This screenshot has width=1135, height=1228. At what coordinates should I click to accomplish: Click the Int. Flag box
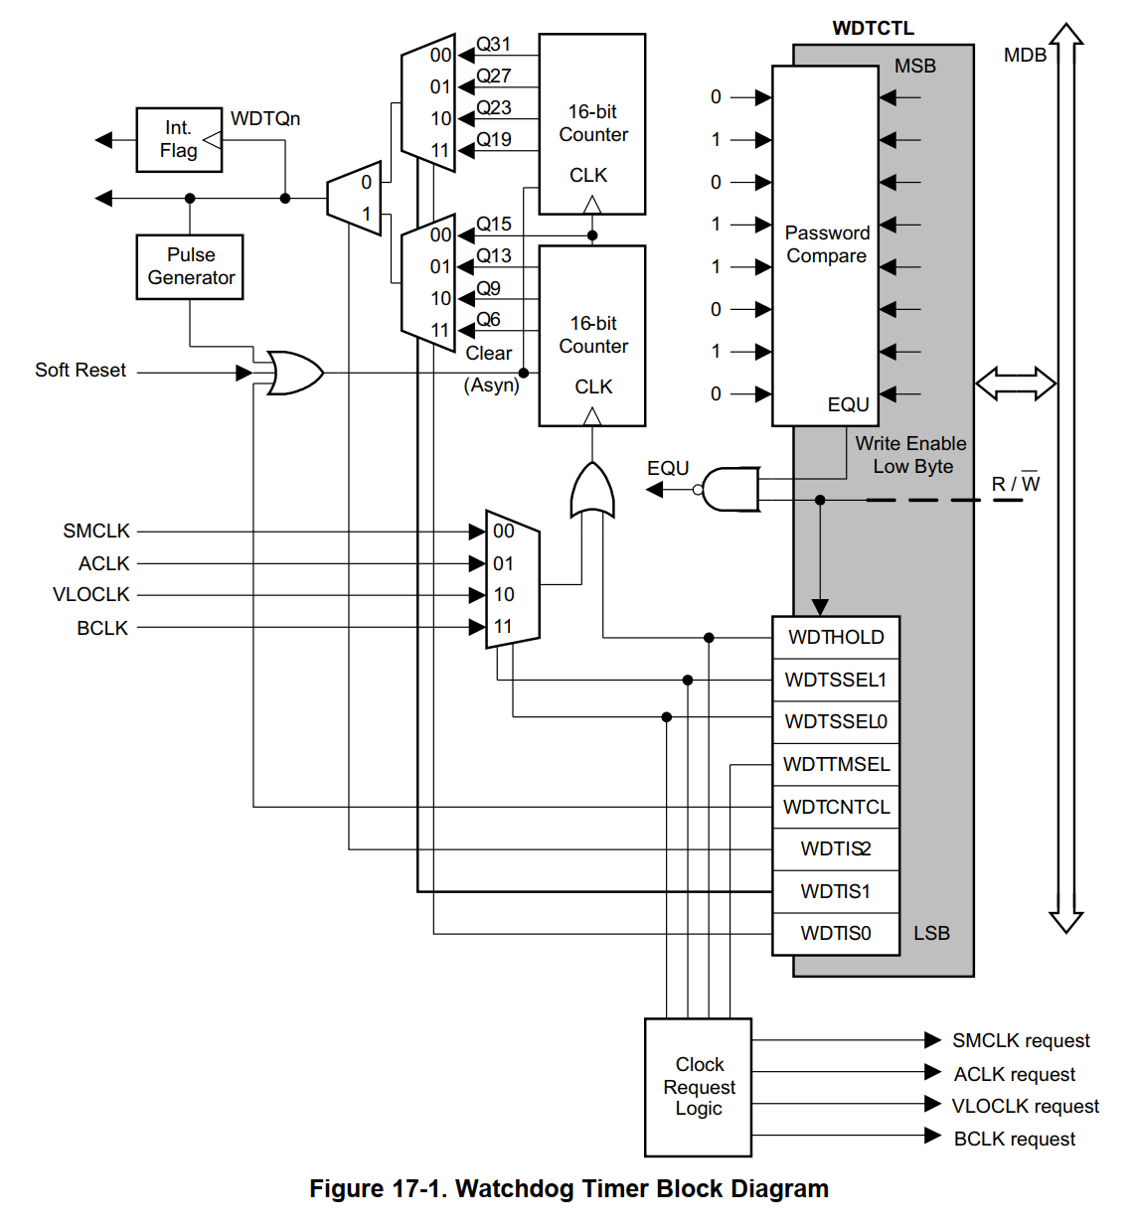point(179,140)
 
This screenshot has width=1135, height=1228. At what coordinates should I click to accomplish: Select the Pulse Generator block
point(190,267)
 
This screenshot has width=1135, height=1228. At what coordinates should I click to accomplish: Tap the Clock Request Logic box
point(698,1087)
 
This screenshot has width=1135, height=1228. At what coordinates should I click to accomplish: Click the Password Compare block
point(825,245)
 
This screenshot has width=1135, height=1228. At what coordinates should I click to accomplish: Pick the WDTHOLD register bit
point(836,638)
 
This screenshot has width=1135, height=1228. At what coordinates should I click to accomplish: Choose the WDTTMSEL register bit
point(836,765)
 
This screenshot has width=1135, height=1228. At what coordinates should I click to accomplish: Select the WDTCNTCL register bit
point(836,807)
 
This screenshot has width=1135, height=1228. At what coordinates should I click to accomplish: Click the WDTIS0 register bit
point(836,934)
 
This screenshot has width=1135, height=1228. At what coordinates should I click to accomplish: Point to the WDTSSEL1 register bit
point(836,681)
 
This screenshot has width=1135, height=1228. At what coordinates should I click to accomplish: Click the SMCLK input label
point(96,532)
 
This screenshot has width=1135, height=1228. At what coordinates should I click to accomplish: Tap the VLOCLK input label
point(91,595)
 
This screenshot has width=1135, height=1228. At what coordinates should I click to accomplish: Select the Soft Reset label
point(81,371)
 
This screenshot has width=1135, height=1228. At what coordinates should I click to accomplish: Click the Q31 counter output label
point(494,45)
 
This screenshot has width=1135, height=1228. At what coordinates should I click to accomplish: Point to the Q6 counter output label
point(488,320)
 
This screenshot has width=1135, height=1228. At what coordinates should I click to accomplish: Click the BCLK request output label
point(1014,1140)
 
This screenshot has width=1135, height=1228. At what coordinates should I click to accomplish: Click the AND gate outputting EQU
point(730,490)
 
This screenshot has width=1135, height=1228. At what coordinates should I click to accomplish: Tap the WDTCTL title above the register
point(873,28)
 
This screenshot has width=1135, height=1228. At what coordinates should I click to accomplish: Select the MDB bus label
point(1025,56)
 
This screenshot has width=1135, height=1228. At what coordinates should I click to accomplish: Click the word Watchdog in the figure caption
point(514,1189)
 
